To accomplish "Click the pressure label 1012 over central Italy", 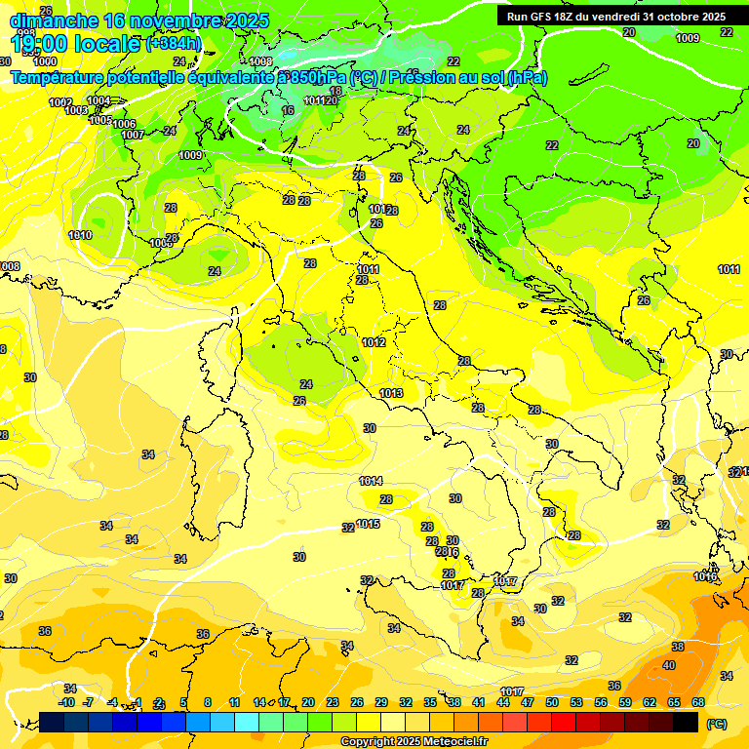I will pos(374,342).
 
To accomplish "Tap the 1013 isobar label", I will pos(391,393).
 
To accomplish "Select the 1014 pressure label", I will pos(371,481).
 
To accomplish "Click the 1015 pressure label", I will pos(368,524).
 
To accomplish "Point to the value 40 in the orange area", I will pos(669,665).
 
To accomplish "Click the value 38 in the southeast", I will pos(678,647).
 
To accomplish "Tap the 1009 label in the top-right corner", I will pos(688,38).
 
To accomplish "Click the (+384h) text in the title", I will pos(174,43).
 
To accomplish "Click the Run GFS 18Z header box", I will pos(616,17).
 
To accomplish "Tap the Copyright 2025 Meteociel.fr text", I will pos(414,741).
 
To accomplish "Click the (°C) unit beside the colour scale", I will pos(716,724).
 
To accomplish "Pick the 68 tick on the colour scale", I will pos(698,702).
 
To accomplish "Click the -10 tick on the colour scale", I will pos(67,702).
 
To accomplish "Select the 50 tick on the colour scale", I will pos(552,702).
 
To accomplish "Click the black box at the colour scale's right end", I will pos(686,722).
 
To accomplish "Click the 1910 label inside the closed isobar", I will pos(80,235).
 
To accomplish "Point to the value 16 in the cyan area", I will pos(288,110).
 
